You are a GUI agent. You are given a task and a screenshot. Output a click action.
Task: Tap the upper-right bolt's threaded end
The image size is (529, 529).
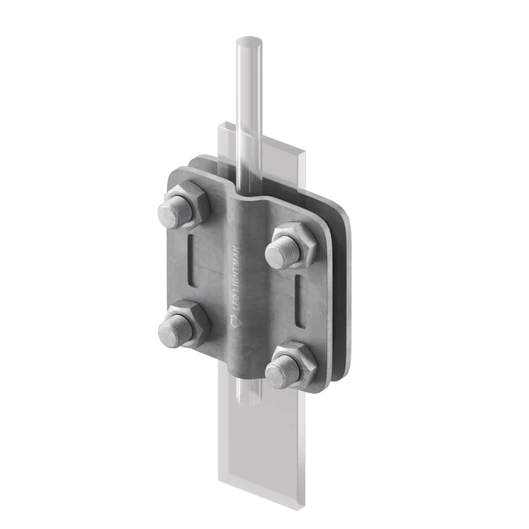tap(283, 252)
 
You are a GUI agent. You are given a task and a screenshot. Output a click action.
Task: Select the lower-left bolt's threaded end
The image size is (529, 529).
tap(175, 331)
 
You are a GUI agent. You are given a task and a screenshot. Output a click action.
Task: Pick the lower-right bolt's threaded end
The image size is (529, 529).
tap(283, 371)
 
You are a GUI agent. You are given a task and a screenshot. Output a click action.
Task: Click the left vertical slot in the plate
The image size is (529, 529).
tap(192, 261)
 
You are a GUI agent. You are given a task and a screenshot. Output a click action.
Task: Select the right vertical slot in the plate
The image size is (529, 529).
tap(299, 302)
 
